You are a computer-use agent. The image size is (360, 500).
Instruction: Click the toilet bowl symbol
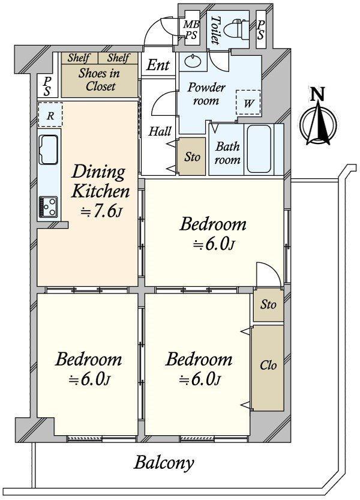[236, 29]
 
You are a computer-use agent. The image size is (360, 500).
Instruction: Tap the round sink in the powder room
[193, 61]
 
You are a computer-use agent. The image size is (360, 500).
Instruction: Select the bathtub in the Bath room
[258, 149]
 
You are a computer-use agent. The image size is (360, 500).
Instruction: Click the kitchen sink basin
[48, 149]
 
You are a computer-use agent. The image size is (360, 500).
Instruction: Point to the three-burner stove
[49, 206]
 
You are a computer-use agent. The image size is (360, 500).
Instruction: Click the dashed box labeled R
[50, 115]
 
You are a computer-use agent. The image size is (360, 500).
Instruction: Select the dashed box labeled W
[248, 103]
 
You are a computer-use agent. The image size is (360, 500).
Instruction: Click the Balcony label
[164, 463]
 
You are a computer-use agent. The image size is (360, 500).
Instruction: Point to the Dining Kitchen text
[100, 181]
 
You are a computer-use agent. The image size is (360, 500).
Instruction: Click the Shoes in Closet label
[100, 80]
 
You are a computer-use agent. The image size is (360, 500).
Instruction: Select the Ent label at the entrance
[158, 65]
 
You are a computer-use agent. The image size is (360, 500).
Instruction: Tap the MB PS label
[191, 29]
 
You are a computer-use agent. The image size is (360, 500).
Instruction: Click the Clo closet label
[268, 365]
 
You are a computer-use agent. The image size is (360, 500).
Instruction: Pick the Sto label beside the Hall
[192, 157]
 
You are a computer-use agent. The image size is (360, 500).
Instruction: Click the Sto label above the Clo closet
[268, 304]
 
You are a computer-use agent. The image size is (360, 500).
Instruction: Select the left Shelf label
[79, 58]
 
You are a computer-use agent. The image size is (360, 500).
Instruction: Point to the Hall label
[160, 131]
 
